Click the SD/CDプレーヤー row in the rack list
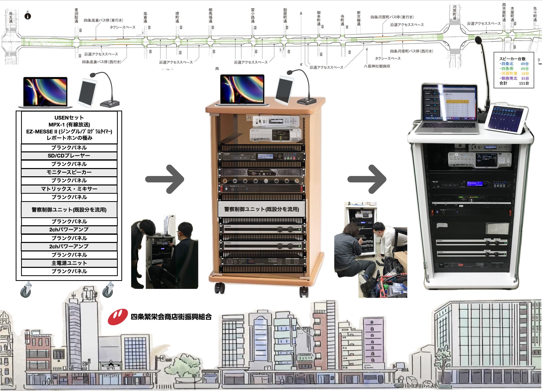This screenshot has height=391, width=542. (x=69, y=156)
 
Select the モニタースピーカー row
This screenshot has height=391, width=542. (x=69, y=172)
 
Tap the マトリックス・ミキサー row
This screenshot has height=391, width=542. (x=69, y=189)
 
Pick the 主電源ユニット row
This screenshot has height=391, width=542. (x=69, y=263)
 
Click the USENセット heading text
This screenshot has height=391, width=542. (x=69, y=118)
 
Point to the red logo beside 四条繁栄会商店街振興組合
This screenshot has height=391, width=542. (x=118, y=317)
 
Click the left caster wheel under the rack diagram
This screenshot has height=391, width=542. (x=26, y=291)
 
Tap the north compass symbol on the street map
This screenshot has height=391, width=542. (x=28, y=16)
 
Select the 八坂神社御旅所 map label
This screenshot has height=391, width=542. (x=377, y=66)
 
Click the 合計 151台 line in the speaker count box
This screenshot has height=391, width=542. (x=514, y=83)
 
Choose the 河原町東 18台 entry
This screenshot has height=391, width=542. (x=514, y=74)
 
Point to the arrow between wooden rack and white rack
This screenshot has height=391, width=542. (x=367, y=179)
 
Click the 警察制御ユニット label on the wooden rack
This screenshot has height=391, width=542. (x=261, y=209)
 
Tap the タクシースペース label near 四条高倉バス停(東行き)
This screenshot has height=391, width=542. (x=122, y=27)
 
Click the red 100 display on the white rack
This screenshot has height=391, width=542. (x=460, y=265)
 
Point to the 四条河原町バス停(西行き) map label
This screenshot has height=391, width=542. (x=411, y=51)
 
